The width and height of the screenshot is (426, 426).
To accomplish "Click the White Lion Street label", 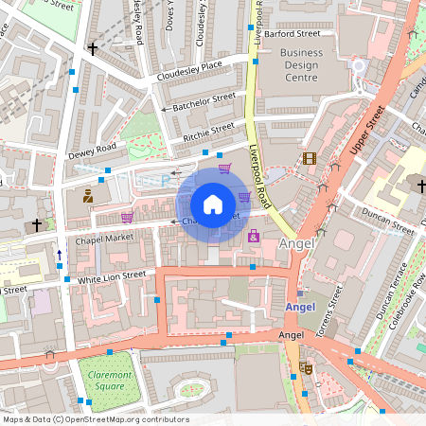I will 112,275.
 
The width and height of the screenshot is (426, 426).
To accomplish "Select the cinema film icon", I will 309,159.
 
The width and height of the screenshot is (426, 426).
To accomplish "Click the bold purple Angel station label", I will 299,307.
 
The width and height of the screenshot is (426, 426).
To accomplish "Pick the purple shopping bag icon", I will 254,236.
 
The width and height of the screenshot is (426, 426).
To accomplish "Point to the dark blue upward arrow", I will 60,254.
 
